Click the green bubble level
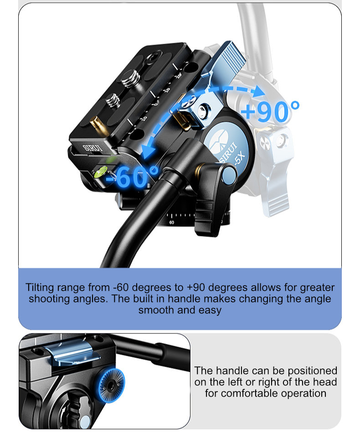point(101,172)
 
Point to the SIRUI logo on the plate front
point(93,148)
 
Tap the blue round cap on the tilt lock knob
point(229,175)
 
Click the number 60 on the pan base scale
point(172,222)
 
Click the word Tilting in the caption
point(40,287)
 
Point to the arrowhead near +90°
point(258,92)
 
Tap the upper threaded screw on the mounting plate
point(131,78)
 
